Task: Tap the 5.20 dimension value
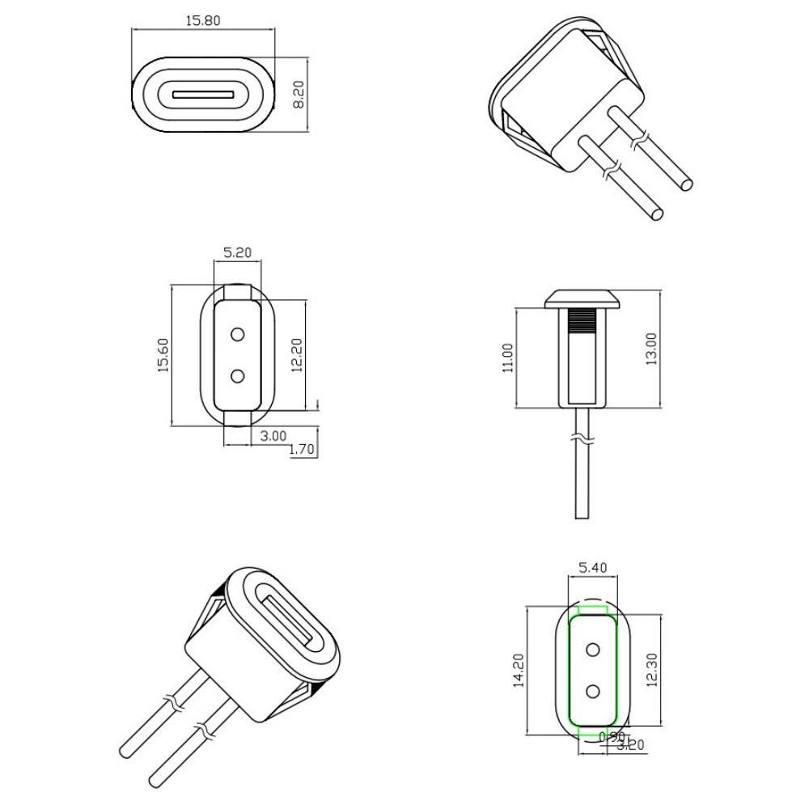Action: (x=237, y=252)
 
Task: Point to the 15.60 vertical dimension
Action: (x=163, y=354)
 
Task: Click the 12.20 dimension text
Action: (x=296, y=354)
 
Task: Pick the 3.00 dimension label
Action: (x=273, y=435)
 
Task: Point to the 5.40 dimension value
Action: (x=594, y=567)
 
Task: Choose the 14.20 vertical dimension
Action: (x=519, y=671)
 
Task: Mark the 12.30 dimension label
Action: (x=654, y=670)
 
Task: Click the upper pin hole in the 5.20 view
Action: (x=238, y=334)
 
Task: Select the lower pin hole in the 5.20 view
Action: (x=238, y=376)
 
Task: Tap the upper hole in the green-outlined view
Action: (x=594, y=649)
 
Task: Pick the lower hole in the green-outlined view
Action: (x=594, y=690)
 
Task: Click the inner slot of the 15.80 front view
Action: (x=202, y=94)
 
